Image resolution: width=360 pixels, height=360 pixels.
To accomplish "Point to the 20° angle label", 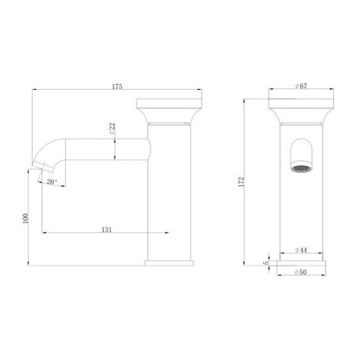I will [51, 183].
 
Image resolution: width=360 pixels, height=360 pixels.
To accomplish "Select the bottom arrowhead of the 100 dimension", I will [34, 261].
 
